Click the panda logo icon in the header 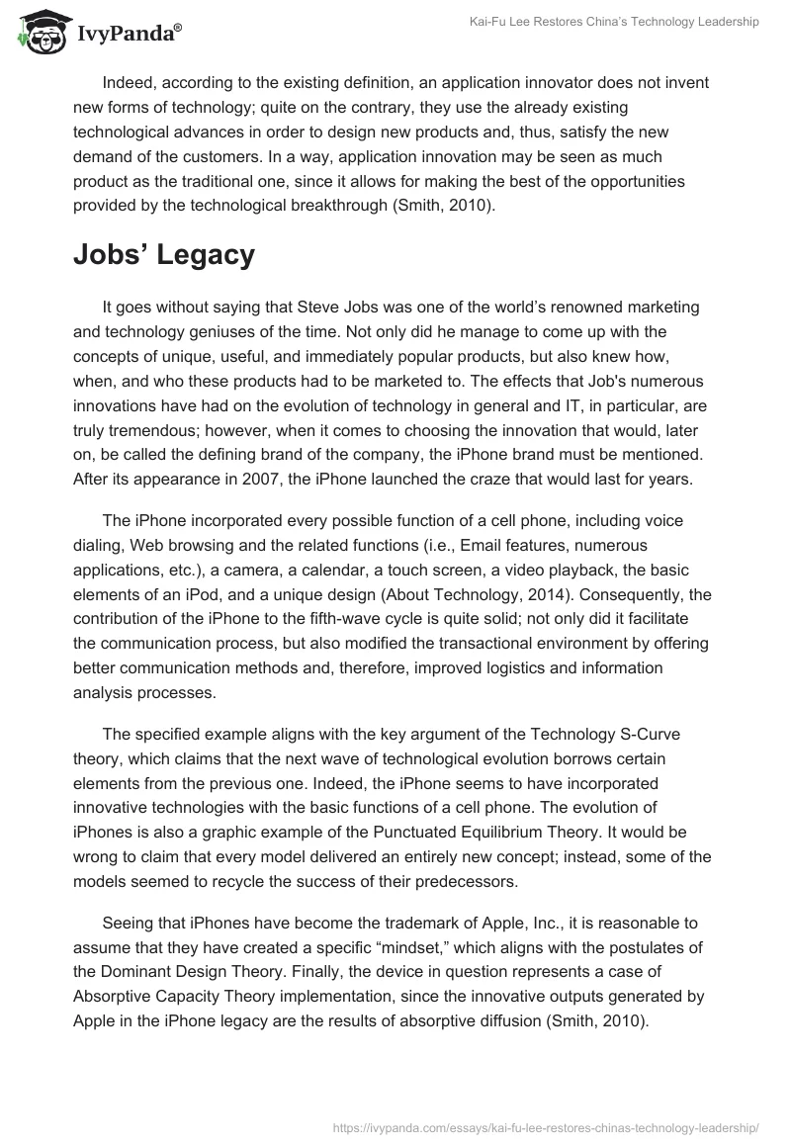[39, 35]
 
